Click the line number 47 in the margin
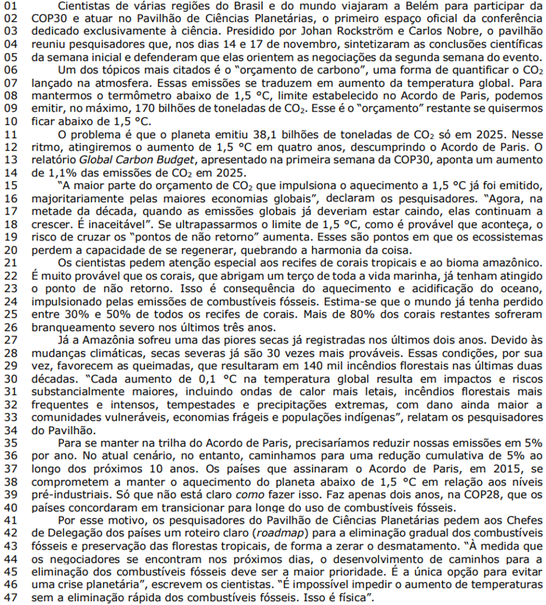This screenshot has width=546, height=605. click(9, 595)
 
